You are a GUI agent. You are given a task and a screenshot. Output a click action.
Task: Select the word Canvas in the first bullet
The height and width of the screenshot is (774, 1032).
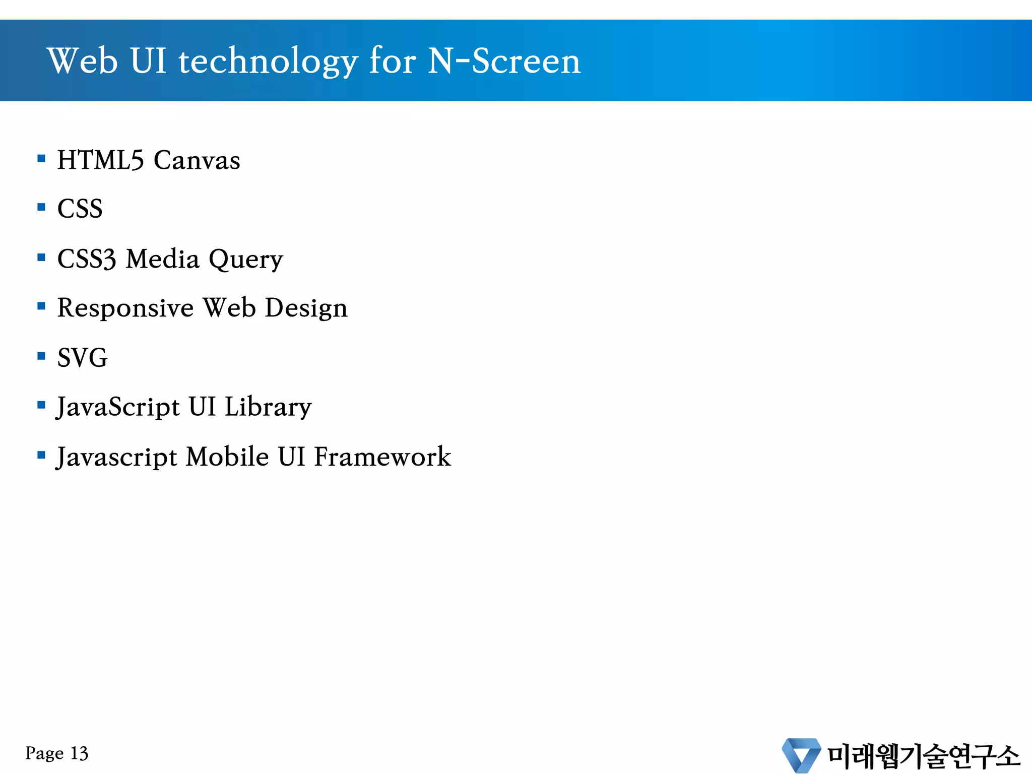[x=197, y=160]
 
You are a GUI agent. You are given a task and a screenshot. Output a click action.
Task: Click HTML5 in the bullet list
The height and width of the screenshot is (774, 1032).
[x=100, y=160]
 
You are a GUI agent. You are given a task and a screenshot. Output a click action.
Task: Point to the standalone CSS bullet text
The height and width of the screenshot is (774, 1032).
[x=80, y=209]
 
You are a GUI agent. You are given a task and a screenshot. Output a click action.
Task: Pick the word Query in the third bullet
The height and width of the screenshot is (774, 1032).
[x=246, y=260]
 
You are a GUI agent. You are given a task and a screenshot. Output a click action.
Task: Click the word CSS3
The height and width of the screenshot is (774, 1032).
[x=86, y=259]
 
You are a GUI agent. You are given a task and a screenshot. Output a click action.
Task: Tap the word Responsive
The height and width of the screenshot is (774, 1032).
[x=125, y=308]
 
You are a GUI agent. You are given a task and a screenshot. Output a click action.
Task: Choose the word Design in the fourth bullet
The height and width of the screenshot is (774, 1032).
[x=306, y=308]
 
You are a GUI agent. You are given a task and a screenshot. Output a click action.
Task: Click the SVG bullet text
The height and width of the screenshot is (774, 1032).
[x=82, y=358]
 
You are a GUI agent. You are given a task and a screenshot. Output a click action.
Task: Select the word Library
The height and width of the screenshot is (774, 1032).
[x=268, y=407]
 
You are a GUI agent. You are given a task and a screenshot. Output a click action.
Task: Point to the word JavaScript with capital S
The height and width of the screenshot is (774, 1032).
[x=118, y=407]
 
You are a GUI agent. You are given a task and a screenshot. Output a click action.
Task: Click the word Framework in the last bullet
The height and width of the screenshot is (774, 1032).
[x=382, y=457]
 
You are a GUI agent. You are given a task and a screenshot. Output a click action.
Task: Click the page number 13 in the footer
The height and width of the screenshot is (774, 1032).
[x=79, y=753]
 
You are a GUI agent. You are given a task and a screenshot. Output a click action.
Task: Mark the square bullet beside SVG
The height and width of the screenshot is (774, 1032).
[x=41, y=357]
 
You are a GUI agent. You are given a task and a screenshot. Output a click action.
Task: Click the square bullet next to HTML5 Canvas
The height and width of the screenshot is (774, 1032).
[x=41, y=159]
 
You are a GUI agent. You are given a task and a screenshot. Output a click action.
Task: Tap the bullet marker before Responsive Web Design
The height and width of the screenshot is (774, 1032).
[x=41, y=306]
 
